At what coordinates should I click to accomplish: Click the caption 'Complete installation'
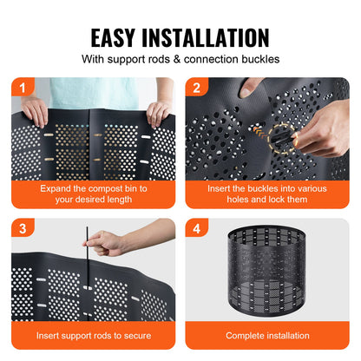click(x=267, y=336)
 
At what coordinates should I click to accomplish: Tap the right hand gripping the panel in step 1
click(x=159, y=113)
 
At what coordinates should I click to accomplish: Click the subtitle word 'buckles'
click(x=255, y=60)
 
